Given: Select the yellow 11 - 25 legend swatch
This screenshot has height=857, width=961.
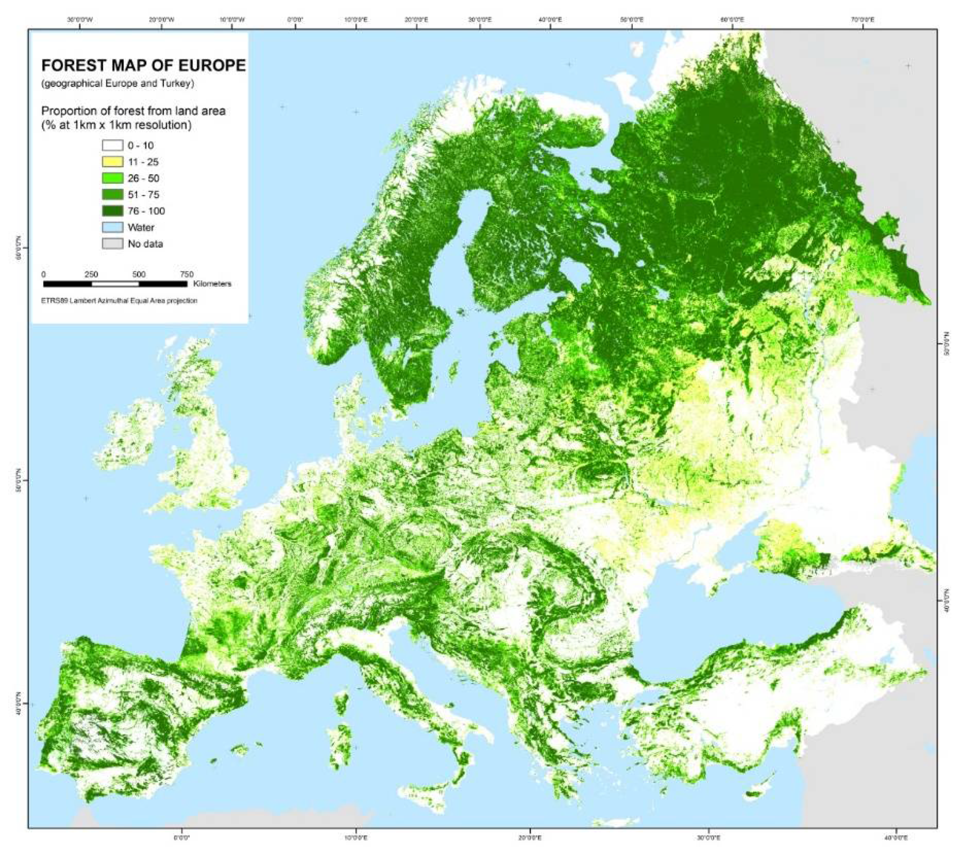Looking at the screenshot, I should (113, 162).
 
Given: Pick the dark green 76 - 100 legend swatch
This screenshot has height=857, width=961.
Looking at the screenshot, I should (113, 211).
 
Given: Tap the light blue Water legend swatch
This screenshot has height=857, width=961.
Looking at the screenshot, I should (113, 228).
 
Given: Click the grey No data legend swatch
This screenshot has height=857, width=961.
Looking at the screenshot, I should (113, 244).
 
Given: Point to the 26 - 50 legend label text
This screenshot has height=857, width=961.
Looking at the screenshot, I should (143, 178).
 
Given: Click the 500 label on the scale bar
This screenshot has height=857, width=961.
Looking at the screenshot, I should (138, 275).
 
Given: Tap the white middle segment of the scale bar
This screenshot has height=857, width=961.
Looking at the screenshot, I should (115, 284).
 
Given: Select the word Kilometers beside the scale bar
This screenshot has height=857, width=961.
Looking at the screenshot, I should (212, 284).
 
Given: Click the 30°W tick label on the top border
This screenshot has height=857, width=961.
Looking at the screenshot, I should (80, 20).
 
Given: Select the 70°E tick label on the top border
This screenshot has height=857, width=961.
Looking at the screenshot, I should (862, 20).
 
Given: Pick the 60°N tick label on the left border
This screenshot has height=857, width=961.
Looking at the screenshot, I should (20, 248).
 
